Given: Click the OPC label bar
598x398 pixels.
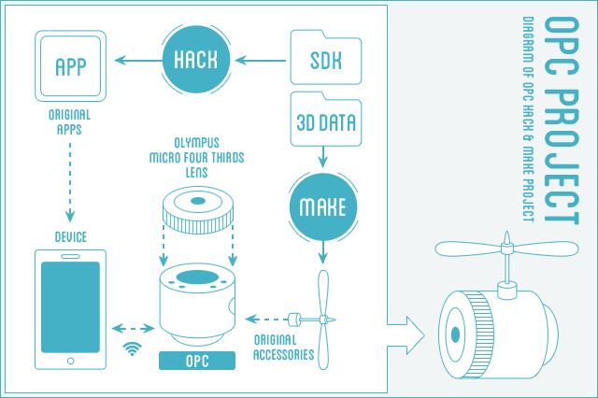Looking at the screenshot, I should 196,361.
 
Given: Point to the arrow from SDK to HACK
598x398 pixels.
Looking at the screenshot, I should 263,62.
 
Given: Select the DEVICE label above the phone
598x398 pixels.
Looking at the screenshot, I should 70,237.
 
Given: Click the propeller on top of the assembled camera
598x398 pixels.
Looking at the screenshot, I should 505,250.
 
